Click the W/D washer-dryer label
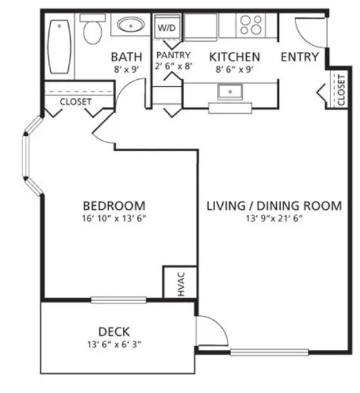[167, 28]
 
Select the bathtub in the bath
[59, 46]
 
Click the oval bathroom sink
[131, 25]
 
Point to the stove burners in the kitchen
[251, 25]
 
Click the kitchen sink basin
[230, 92]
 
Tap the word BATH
[126, 57]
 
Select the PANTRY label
[174, 55]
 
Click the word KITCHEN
[234, 57]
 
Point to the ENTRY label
[300, 57]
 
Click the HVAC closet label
[181, 284]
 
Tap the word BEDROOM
[114, 206]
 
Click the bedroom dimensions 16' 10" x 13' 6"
[114, 218]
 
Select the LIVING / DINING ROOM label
[274, 206]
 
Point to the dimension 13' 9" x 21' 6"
[274, 218]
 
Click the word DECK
[114, 332]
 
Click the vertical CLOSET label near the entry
[341, 90]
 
